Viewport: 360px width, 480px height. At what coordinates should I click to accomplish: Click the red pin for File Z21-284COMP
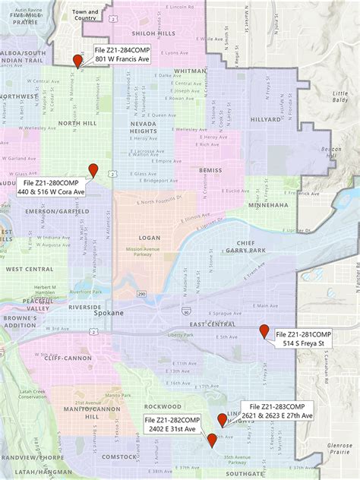point(77,62)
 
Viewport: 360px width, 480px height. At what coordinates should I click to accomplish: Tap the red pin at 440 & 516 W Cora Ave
point(93,169)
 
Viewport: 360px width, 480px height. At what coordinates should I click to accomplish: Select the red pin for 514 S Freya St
point(264,330)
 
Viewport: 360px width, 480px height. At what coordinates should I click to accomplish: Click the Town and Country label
point(85,15)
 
